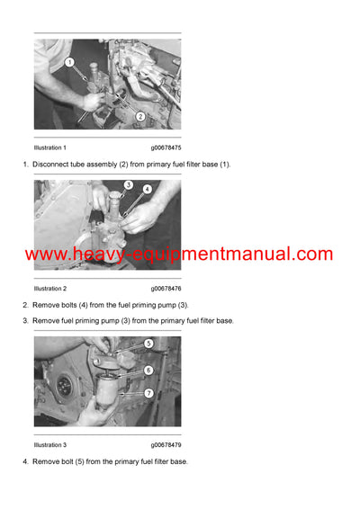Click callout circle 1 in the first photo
point(69,62)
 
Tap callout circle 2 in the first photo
point(140,116)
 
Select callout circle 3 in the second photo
point(129,185)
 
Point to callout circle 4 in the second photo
point(147,190)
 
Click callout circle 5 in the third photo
point(148,343)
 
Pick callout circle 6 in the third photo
point(148,370)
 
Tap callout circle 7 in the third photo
point(148,393)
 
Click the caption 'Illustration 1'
point(49,147)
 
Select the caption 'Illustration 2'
point(49,289)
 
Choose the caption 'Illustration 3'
point(49,445)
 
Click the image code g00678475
point(166,147)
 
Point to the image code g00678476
point(166,289)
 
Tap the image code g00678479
point(166,445)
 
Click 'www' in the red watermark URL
point(44,255)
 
